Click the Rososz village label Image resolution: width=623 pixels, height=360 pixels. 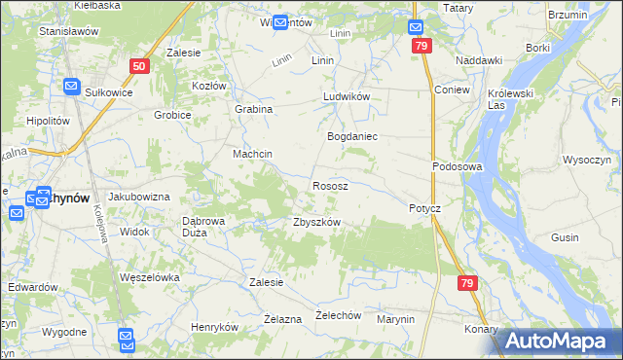tap(330, 185)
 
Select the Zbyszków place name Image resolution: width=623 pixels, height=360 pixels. tap(316, 222)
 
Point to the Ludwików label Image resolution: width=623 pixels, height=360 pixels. tap(348, 98)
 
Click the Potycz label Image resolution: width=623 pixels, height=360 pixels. tap(424, 209)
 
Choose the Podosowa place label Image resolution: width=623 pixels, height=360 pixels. tap(458, 166)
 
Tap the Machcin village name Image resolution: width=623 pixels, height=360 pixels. tap(251, 155)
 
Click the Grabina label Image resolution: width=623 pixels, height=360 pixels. tap(253, 109)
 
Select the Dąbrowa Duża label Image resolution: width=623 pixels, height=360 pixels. tap(204, 227)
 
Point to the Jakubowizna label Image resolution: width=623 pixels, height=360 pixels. tap(138, 197)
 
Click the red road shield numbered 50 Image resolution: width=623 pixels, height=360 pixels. tap(138, 66)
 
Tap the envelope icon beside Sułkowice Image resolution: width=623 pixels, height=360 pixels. tap(71, 87)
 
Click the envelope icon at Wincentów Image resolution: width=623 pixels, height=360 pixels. tap(280, 22)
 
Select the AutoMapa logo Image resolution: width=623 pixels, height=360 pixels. tap(561, 341)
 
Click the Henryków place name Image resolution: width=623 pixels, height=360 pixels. tap(214, 328)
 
